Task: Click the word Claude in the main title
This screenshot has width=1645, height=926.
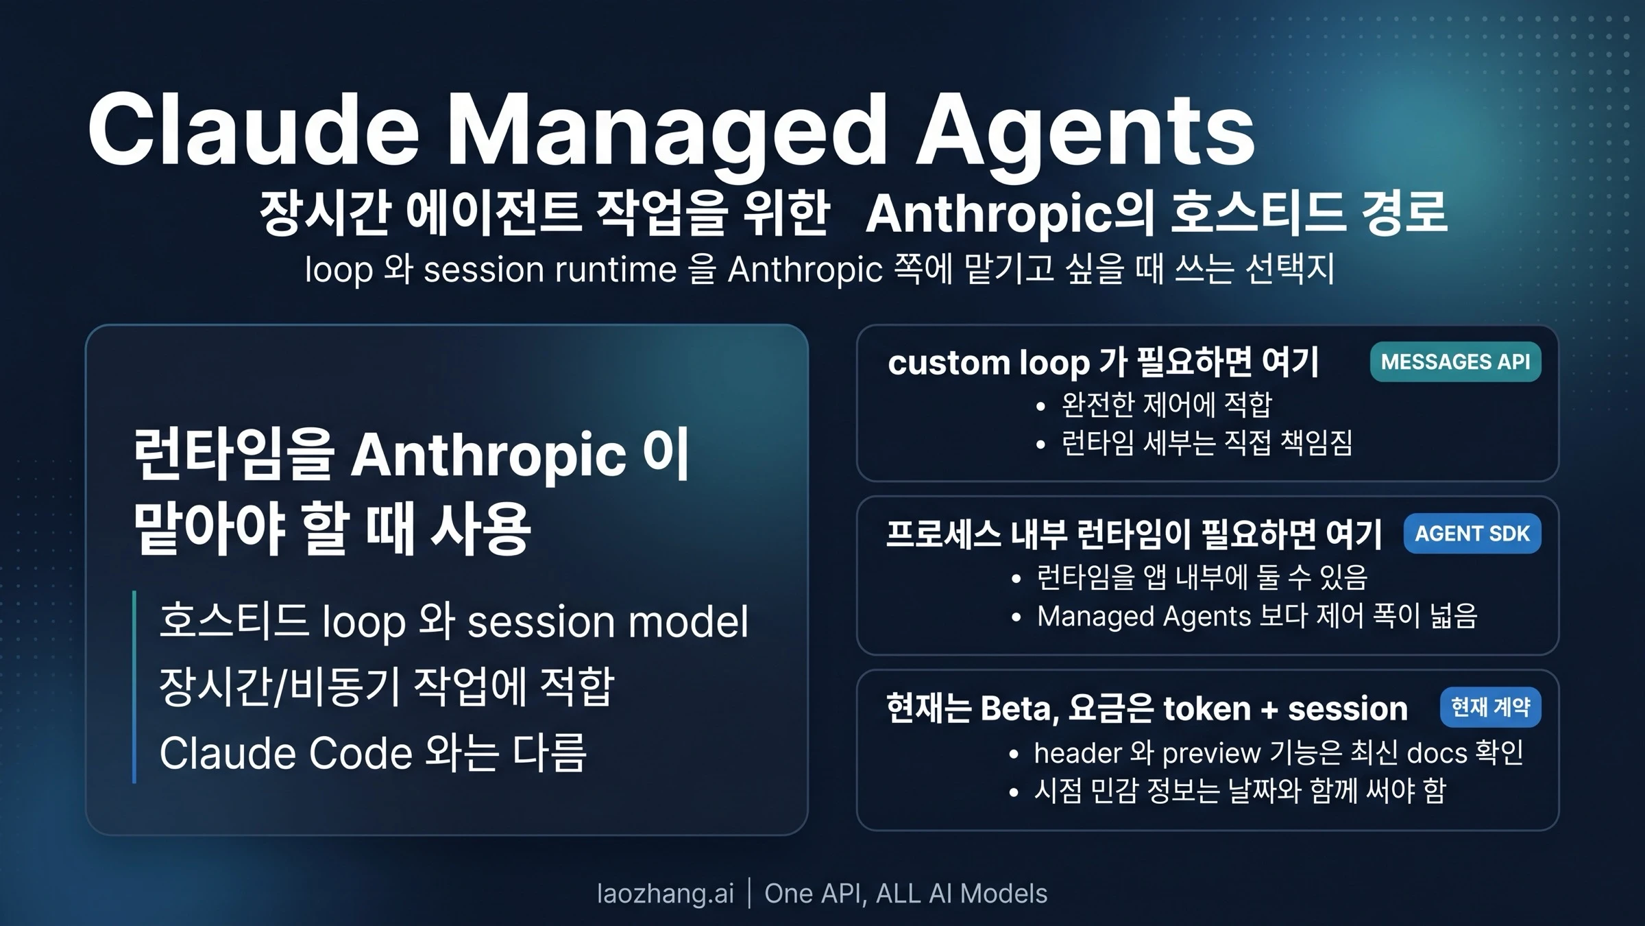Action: (x=254, y=130)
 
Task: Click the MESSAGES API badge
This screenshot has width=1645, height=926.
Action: (x=1455, y=361)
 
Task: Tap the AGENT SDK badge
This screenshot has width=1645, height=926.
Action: (x=1472, y=534)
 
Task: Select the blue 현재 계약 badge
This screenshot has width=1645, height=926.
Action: (x=1490, y=707)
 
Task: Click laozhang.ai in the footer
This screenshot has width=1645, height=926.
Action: (x=665, y=894)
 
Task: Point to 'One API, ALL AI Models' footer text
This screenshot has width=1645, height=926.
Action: (x=905, y=894)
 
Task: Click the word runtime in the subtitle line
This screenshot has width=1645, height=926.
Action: (x=616, y=270)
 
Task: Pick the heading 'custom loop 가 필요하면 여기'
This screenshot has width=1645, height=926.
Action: (x=1103, y=362)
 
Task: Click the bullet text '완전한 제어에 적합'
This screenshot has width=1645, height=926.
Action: (x=1166, y=405)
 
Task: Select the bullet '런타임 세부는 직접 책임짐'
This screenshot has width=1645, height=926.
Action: (x=1206, y=443)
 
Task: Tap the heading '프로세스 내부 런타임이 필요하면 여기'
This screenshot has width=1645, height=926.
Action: (x=1134, y=534)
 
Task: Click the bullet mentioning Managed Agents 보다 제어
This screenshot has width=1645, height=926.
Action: (x=1256, y=616)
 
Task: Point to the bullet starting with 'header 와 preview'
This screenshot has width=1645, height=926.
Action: (x=1278, y=753)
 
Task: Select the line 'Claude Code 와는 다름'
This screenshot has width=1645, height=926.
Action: (x=373, y=753)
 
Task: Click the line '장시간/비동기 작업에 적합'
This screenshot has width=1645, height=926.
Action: (x=387, y=687)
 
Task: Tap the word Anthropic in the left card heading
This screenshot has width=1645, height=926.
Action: (x=488, y=454)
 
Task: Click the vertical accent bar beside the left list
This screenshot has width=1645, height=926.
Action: (x=134, y=686)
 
